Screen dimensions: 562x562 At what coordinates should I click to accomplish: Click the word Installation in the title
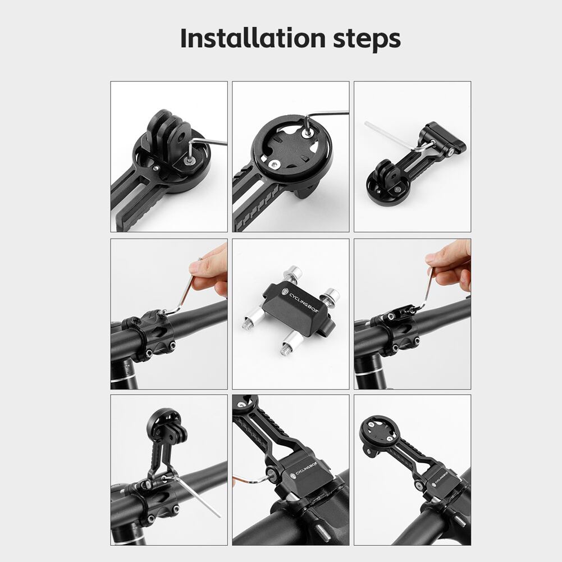click(252, 38)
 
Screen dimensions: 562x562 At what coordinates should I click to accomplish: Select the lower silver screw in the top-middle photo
click(274, 164)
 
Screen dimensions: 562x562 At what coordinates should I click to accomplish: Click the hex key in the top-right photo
click(398, 138)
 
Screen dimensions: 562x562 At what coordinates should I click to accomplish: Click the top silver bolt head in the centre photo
click(293, 271)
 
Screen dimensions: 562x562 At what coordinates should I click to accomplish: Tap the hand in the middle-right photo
click(450, 263)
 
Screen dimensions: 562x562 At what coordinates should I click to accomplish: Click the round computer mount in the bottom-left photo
click(163, 425)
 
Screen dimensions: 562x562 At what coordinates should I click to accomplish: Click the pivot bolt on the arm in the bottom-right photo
click(418, 486)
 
